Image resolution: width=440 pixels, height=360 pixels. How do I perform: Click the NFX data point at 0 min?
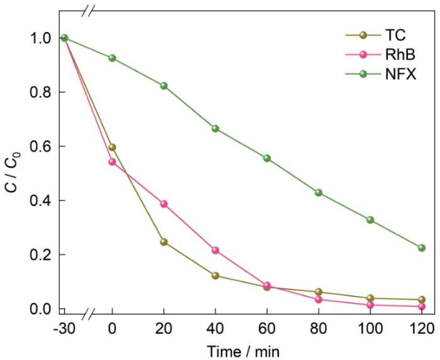[x=112, y=58]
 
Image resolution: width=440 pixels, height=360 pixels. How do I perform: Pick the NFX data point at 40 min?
[x=216, y=129]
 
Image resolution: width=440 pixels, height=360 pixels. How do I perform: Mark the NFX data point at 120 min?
[x=422, y=248]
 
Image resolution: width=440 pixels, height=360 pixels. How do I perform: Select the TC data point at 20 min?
[x=164, y=242]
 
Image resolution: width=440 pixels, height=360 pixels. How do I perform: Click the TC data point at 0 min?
[x=112, y=148]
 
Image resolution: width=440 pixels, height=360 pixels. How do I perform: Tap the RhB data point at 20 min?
[x=164, y=204]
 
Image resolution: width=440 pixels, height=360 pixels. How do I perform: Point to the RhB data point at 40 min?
[x=216, y=250]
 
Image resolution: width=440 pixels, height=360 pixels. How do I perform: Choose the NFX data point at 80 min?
[x=319, y=192]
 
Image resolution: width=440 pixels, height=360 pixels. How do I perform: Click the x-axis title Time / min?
[x=241, y=349]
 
